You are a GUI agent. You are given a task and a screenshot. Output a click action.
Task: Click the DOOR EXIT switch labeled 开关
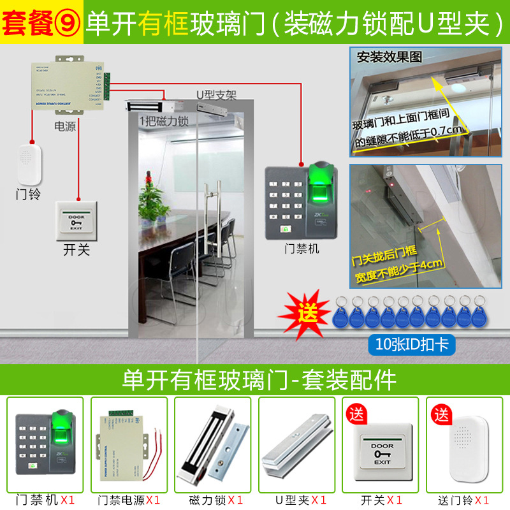(x=76, y=220)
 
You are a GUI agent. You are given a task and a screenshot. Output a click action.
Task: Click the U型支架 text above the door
(x=215, y=96)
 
